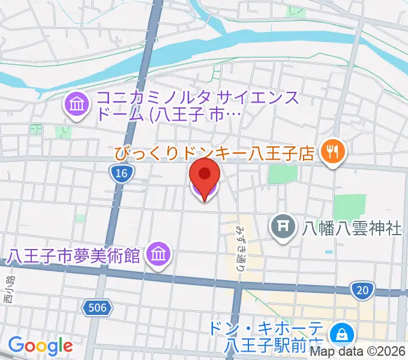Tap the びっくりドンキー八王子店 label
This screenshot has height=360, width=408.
[215, 154]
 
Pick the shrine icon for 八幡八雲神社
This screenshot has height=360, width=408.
[281, 227]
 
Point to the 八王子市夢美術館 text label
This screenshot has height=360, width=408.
[74, 256]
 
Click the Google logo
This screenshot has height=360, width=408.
[40, 346]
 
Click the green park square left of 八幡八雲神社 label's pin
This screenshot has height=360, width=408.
[283, 174]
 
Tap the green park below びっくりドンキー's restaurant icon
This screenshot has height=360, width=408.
[349, 207]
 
